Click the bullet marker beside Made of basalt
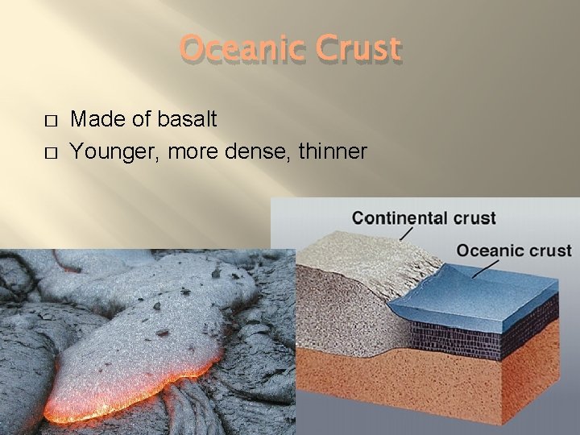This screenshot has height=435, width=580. coord(50,121)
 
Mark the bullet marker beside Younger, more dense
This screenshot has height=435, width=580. coord(50,151)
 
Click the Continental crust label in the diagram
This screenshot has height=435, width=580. coord(424,218)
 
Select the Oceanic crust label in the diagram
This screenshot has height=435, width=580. coord(514,251)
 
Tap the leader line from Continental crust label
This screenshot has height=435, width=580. coord(407,234)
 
